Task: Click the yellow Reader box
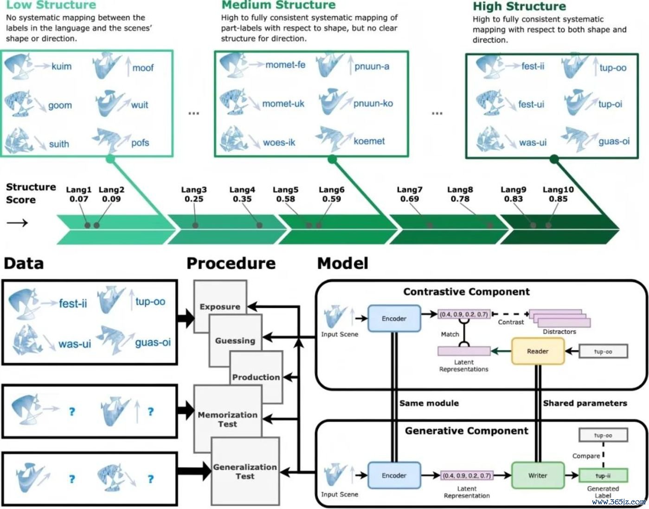[x=538, y=351]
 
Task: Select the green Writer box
[x=538, y=475]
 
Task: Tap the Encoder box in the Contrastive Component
[x=394, y=319]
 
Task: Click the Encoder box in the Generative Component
[x=394, y=475]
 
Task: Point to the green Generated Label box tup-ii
[x=603, y=475]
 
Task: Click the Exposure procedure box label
[x=220, y=307]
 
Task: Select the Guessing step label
[x=235, y=341]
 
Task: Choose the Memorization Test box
[x=228, y=419]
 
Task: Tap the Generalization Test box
[x=245, y=471]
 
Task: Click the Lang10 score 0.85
[x=558, y=199]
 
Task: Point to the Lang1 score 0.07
[x=79, y=199]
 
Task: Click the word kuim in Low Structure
[x=62, y=66]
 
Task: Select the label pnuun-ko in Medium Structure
[x=373, y=104]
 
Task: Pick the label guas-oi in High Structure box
[x=614, y=141]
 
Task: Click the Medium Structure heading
[x=278, y=5]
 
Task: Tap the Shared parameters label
[x=585, y=403]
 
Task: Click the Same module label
[x=429, y=403]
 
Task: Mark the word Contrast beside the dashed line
[x=511, y=322]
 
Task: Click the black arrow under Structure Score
[x=17, y=222]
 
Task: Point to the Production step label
[x=256, y=377]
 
